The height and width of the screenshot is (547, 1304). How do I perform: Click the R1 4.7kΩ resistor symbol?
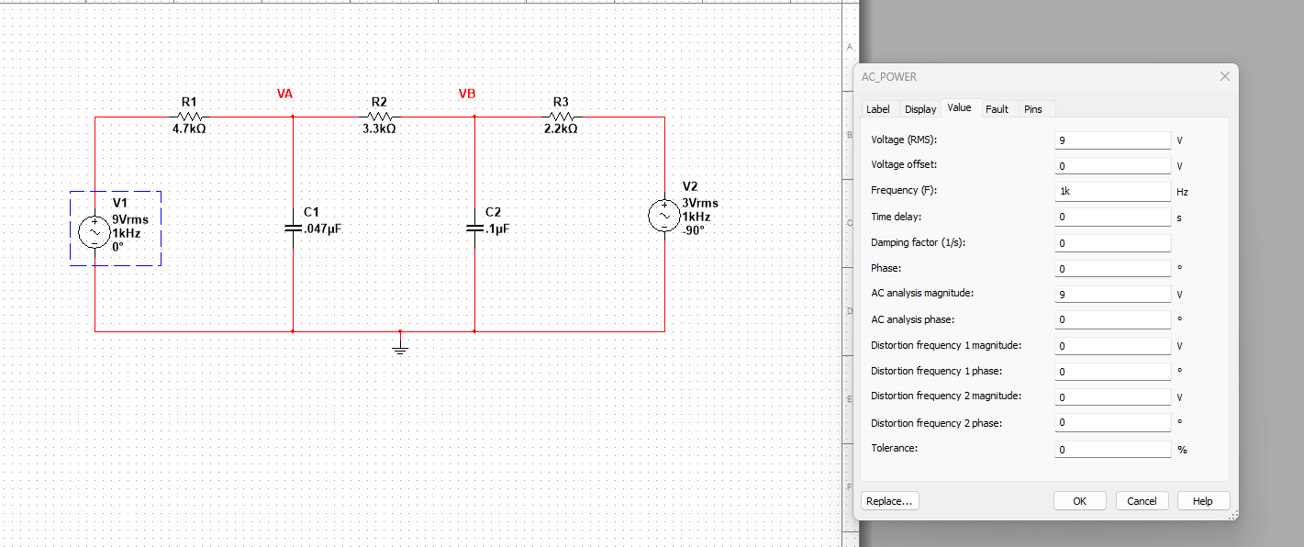(190, 117)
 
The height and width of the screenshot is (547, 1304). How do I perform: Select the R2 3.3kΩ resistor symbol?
(380, 117)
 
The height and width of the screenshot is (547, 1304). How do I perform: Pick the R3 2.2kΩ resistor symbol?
(562, 117)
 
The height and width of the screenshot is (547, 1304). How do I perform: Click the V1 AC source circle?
(95, 231)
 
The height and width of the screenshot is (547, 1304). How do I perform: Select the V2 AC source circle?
(664, 215)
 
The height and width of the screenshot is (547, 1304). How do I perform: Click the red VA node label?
(284, 95)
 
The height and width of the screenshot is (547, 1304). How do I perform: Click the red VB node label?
(467, 95)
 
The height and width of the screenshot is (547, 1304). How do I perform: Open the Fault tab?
(997, 109)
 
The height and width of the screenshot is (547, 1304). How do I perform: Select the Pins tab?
(1032, 109)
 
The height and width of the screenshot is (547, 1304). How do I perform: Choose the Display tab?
(920, 109)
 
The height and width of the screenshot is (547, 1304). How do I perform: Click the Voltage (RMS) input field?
(1112, 140)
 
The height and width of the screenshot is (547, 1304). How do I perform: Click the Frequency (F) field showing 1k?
(1112, 192)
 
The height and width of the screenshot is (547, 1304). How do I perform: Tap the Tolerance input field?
(1112, 450)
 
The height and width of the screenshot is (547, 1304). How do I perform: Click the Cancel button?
(1142, 501)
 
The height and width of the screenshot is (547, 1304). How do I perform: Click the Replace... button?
(890, 501)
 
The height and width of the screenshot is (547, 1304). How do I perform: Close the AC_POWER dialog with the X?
(1224, 76)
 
